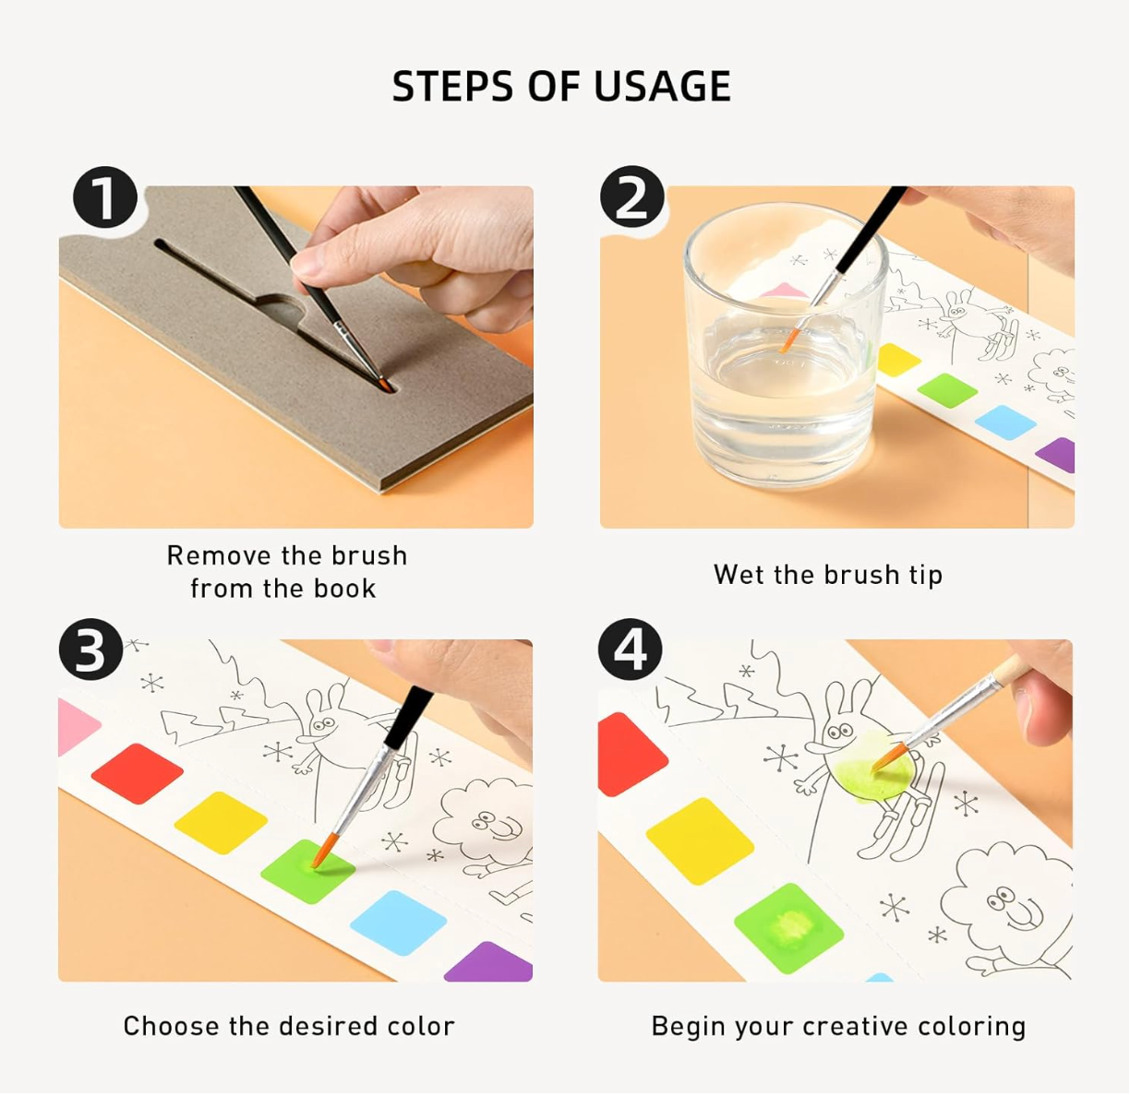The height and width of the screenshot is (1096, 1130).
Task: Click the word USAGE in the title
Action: click(662, 87)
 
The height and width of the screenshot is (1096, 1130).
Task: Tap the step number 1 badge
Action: click(105, 197)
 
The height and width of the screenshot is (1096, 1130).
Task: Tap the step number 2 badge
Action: click(632, 197)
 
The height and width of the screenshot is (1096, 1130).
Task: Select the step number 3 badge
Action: click(90, 650)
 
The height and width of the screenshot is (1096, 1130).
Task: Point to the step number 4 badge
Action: click(631, 650)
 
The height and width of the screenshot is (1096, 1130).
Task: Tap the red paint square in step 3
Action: click(137, 773)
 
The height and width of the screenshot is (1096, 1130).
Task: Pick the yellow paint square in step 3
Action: click(221, 822)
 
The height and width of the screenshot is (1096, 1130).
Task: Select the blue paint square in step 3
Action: click(399, 922)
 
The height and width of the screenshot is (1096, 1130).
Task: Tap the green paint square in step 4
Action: click(789, 927)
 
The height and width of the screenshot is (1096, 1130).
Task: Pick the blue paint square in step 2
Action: click(1005, 422)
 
